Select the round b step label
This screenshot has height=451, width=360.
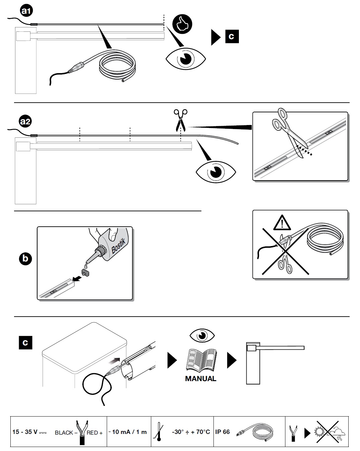click(25, 258)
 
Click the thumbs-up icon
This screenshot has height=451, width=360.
click(182, 24)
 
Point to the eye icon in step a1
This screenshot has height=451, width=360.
click(186, 59)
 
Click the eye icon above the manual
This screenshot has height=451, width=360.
click(202, 335)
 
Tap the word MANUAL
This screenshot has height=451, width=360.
click(200, 379)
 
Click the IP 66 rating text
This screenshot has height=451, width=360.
click(222, 432)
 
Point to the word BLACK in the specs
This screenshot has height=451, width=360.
click(64, 433)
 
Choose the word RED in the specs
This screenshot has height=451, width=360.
click(92, 433)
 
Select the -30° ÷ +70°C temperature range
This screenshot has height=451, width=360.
click(191, 432)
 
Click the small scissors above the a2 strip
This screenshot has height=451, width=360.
click(181, 120)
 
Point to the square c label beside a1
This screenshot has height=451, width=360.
click(232, 36)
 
